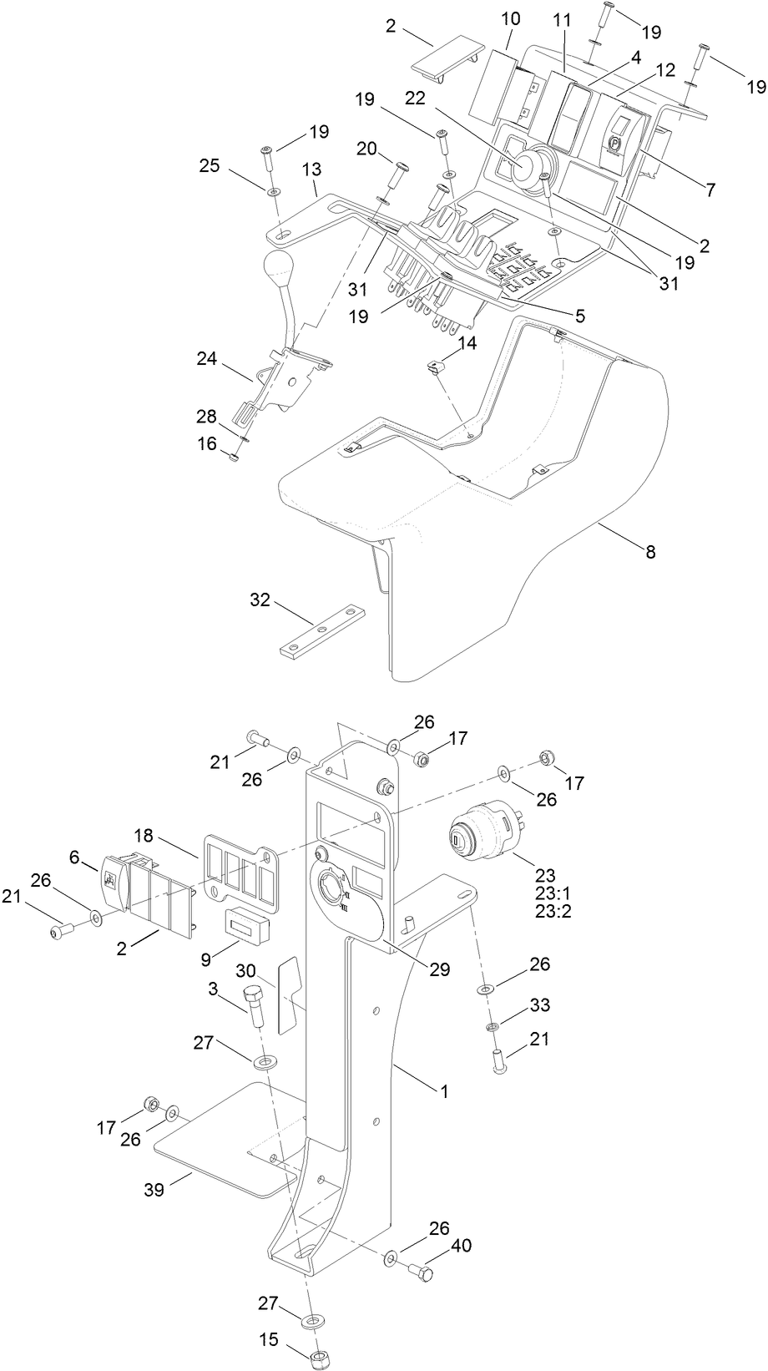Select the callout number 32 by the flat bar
click(x=260, y=599)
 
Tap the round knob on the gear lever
click(x=279, y=269)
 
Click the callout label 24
click(x=206, y=359)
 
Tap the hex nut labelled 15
click(x=318, y=1354)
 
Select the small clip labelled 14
click(x=435, y=366)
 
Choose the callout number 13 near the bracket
click(x=311, y=169)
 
